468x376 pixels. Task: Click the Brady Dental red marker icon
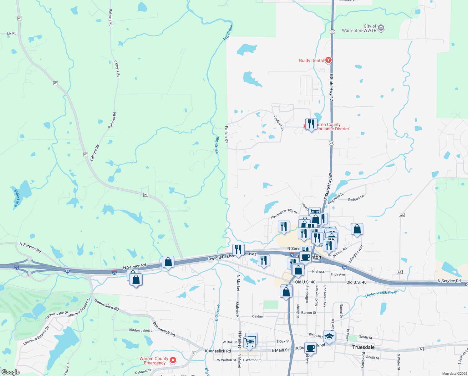328,60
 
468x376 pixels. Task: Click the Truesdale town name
363,347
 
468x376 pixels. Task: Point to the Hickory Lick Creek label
382,294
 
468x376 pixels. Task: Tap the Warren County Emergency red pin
173,360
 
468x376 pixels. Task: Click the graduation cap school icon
329,337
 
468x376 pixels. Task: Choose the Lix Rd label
12,33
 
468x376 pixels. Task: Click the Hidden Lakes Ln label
141,330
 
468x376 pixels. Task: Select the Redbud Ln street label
356,198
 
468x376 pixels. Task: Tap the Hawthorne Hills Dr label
284,214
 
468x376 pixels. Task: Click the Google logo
10,372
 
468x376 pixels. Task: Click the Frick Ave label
338,274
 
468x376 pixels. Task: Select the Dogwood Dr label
336,198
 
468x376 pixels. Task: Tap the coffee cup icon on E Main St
310,348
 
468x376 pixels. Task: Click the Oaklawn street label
259,316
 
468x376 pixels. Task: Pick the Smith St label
365,337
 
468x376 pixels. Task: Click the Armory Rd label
340,253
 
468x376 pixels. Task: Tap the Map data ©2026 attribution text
455,373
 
